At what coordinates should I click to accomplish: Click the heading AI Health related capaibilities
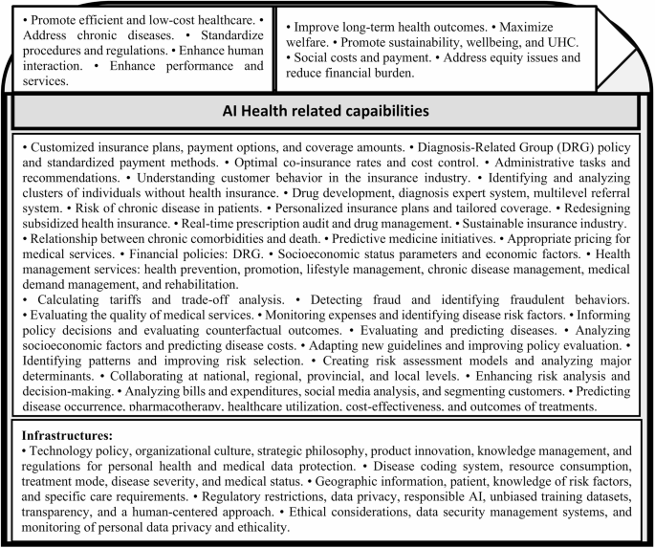click(327, 111)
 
